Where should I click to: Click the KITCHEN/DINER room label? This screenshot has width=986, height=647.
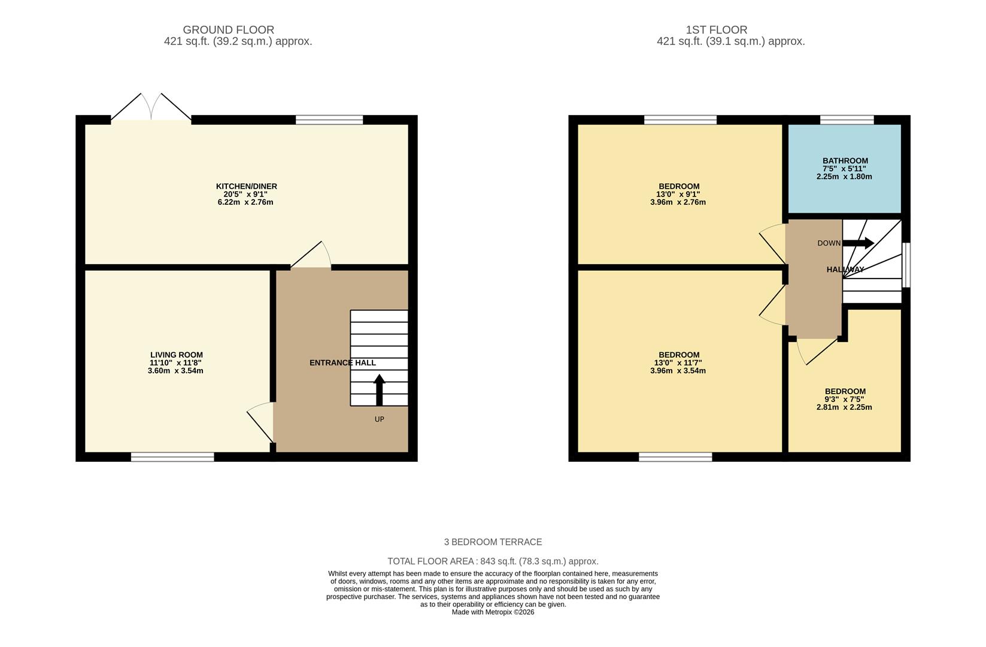point(246,186)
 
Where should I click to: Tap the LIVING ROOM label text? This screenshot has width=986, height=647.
point(176,355)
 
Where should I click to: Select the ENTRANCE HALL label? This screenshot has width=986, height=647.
point(342,362)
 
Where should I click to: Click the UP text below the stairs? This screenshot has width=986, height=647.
point(379,419)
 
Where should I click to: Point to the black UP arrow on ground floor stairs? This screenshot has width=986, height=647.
point(379,389)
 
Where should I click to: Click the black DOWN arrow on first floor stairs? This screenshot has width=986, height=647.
point(858,243)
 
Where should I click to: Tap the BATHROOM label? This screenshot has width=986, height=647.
point(845,161)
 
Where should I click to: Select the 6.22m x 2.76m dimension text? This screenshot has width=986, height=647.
point(245,202)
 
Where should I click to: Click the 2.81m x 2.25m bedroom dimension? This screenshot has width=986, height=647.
point(844,407)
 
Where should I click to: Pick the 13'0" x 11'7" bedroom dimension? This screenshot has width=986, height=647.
point(678,362)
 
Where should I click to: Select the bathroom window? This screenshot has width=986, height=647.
point(847,120)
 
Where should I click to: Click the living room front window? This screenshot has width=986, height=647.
point(172,457)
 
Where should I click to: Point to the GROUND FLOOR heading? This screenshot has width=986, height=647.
point(228,29)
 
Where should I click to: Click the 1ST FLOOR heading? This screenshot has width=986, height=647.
point(716,29)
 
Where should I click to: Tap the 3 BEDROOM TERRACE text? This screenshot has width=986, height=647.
point(493,542)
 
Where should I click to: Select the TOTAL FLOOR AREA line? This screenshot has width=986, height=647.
point(493,561)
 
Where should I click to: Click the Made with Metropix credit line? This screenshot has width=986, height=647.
point(493,612)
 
